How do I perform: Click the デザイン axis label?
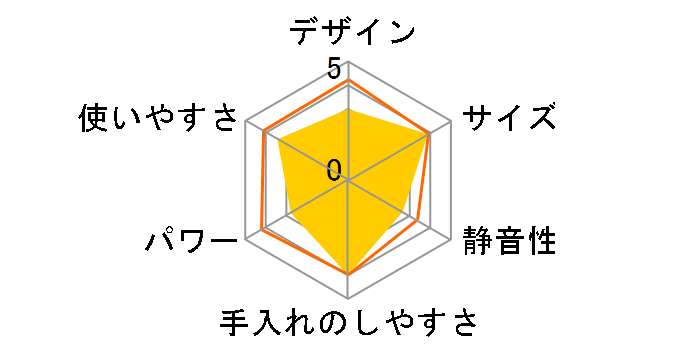[x=352, y=31]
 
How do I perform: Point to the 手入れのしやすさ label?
[x=347, y=325]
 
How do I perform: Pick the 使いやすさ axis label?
[x=160, y=119]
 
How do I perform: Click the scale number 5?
[x=333, y=68]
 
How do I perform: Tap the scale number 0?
[x=333, y=169]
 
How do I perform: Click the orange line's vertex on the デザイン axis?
[x=348, y=79]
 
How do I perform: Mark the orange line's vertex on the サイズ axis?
[x=431, y=133]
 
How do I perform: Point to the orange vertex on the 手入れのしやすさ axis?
[x=348, y=273]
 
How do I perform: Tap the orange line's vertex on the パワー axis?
[x=261, y=231]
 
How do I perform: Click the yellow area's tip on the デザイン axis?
[x=348, y=109]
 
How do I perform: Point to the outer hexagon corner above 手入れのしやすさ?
[x=348, y=298]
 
